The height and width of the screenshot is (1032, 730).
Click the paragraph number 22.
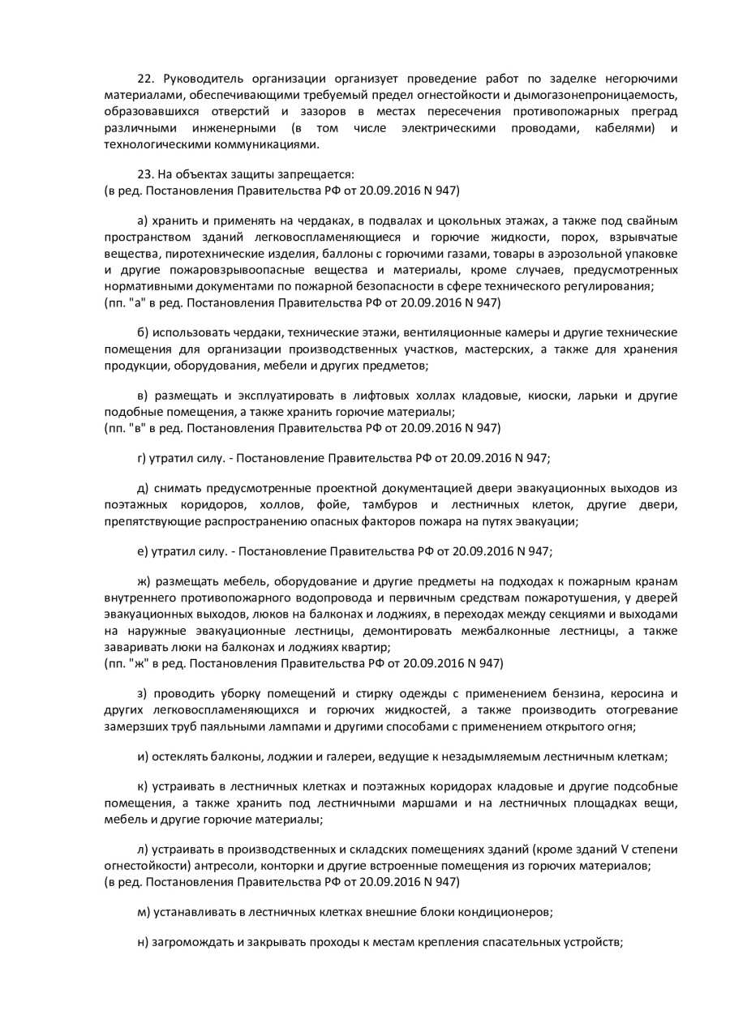(x=145, y=79)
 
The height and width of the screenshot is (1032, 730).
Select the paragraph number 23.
(x=145, y=174)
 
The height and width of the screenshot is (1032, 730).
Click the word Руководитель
(x=197, y=79)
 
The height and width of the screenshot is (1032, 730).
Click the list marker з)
(x=143, y=694)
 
